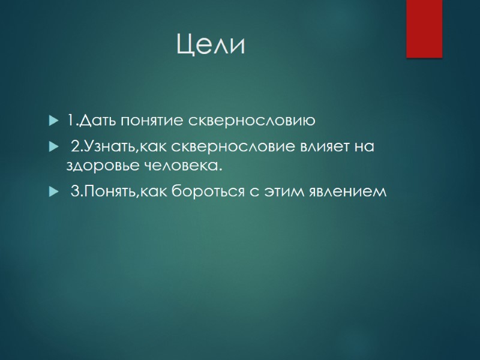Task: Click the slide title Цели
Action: (x=211, y=45)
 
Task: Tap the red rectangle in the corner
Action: (x=424, y=28)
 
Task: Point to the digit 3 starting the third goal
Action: (x=75, y=192)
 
